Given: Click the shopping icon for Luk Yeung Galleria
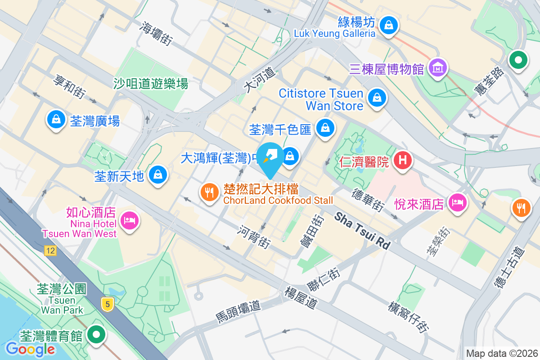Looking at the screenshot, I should click(x=388, y=26).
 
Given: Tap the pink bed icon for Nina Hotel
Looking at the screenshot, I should click(x=130, y=220).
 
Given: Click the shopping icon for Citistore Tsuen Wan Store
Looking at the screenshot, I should click(x=377, y=98).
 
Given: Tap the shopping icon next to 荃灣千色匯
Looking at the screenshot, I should click(x=324, y=128).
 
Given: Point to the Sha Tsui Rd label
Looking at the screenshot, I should click(x=362, y=231).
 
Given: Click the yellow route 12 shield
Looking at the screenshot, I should click(x=50, y=251).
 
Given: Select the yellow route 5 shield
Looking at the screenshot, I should click(x=107, y=304).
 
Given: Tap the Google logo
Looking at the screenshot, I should click(x=30, y=349).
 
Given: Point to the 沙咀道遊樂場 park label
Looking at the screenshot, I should click(x=151, y=83).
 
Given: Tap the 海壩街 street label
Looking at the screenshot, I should click(x=156, y=33).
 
